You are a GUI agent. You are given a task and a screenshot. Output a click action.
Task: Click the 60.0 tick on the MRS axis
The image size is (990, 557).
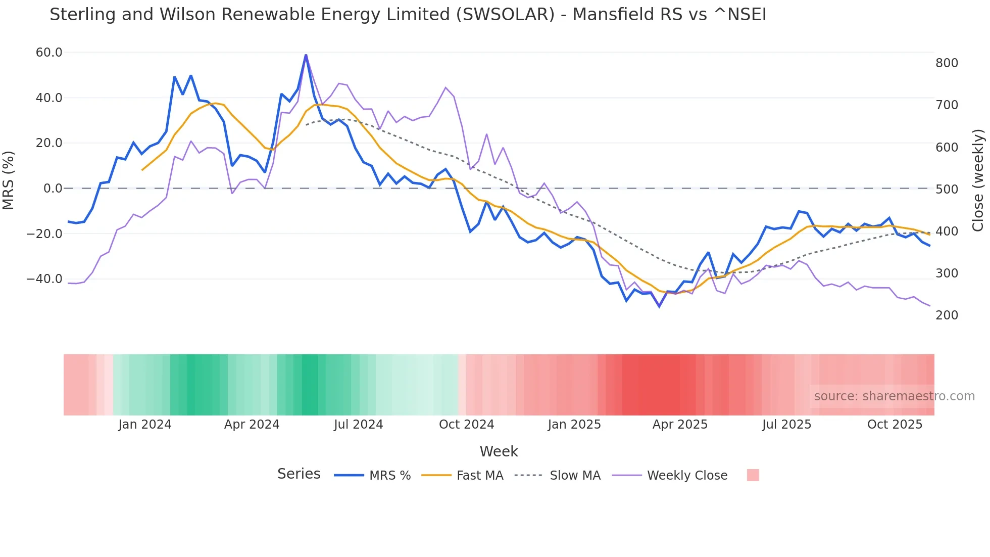(48, 53)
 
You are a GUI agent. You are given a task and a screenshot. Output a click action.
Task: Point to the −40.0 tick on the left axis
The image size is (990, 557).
(44, 279)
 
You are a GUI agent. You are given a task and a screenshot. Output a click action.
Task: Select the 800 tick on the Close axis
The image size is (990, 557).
(947, 63)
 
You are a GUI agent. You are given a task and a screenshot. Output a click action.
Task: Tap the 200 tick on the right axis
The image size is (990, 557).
(947, 315)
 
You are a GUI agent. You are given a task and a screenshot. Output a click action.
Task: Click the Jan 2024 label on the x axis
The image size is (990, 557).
(145, 425)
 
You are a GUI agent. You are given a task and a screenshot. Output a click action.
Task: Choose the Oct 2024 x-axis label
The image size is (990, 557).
(466, 425)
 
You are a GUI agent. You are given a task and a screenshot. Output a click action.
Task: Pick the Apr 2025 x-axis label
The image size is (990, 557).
(680, 425)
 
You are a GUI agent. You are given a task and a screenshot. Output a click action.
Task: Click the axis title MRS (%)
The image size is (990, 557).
(9, 180)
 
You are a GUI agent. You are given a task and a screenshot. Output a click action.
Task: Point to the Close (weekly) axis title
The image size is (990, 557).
(978, 180)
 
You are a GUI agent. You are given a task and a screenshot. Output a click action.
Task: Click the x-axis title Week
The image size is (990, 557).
(499, 451)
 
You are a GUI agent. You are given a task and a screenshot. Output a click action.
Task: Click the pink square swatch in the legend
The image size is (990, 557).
(753, 475)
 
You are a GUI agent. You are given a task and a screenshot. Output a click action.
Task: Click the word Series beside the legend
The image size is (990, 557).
(299, 474)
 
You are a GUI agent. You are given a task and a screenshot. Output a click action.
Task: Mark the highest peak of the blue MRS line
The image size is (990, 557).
(306, 55)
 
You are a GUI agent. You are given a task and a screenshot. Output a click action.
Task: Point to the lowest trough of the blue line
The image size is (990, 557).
(659, 306)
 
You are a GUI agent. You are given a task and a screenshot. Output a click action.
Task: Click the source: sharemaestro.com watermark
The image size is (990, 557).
(894, 396)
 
